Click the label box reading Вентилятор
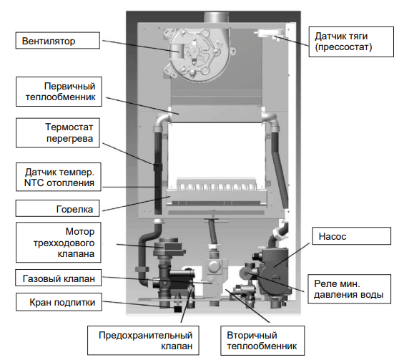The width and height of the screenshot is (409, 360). pos(58,41)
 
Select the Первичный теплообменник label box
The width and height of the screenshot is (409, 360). pos(59,92)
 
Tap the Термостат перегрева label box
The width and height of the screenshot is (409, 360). pos(58,133)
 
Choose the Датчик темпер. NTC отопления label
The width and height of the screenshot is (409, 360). pos(59,177)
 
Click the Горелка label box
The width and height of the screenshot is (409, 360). pos(57,208)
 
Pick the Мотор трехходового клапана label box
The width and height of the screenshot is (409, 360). pos(59,243)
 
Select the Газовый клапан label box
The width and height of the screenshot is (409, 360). pos(59,278)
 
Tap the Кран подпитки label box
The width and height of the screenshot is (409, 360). pos(59,302)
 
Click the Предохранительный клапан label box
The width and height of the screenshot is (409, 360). pos(143,341)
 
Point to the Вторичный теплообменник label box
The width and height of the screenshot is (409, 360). pos(262,341)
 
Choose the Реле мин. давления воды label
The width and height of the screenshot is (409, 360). pos(349,288)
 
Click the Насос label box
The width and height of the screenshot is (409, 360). pos(352,236)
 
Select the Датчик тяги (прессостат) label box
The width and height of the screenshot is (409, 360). pos(351,42)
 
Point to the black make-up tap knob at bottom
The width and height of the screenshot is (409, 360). pos(177,309)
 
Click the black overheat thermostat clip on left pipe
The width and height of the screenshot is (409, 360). pos(157,166)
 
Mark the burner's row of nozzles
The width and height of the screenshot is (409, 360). pos(215,186)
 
